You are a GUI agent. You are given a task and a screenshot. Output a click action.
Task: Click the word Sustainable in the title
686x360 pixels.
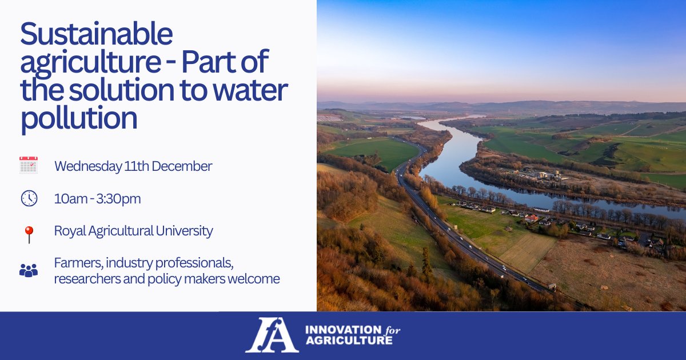(96, 35)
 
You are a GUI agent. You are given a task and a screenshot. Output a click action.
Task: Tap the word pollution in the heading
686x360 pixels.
(79, 119)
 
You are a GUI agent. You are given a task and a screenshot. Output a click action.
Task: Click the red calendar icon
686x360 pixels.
(29, 166)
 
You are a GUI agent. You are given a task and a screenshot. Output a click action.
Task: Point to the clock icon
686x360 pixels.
(29, 198)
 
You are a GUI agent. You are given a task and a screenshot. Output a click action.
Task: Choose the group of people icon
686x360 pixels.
(29, 270)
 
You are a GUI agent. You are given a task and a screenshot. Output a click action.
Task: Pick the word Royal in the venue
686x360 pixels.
(69, 231)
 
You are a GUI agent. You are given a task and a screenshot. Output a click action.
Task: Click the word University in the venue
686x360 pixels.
(185, 231)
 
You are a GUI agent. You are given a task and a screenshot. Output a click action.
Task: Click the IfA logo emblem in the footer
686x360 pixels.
(272, 335)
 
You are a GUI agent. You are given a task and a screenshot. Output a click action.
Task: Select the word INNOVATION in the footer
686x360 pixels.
(334, 331)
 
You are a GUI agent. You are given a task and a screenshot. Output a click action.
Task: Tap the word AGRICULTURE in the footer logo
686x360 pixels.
(349, 341)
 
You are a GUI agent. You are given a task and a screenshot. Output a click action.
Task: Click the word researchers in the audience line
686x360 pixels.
(85, 279)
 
